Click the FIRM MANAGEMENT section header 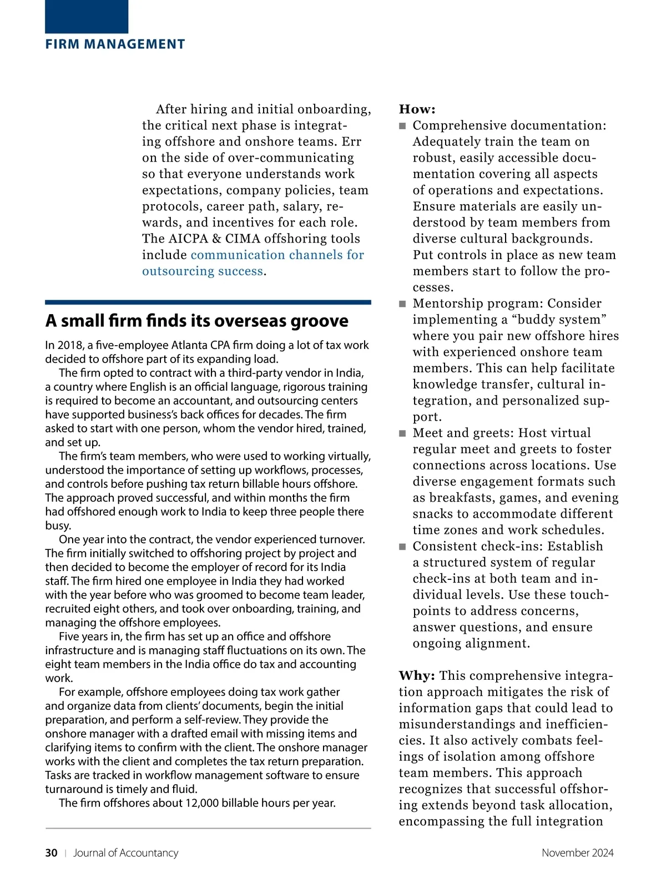tap(115, 44)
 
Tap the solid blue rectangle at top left tap(87, 17)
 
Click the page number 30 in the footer tap(51, 853)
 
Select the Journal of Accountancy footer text tap(125, 853)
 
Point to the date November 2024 tap(577, 853)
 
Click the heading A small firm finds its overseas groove tap(196, 321)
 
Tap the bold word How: tap(417, 109)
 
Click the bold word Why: tap(417, 676)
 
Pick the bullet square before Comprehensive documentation tap(403, 126)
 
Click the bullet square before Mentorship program tap(403, 304)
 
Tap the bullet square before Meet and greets tap(403, 433)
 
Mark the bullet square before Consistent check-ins tap(403, 547)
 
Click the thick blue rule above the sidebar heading tap(208, 302)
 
